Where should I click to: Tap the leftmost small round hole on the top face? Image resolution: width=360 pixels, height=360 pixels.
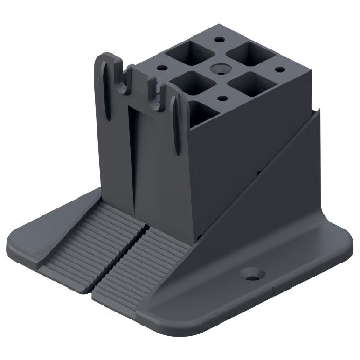(x=163, y=67)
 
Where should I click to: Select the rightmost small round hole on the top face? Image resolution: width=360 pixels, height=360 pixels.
(x=280, y=69)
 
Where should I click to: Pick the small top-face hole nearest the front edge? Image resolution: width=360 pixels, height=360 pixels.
(x=222, y=98)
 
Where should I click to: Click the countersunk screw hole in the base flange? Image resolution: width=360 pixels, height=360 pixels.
(x=252, y=274)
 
